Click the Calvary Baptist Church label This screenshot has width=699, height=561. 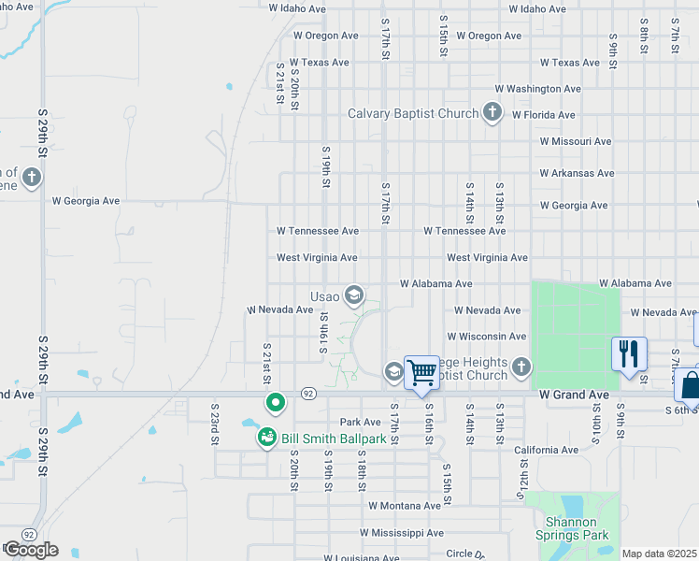(x=413, y=114)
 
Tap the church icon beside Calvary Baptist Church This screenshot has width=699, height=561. (x=492, y=114)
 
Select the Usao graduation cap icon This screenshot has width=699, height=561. (x=353, y=296)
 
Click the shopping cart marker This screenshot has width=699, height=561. (x=422, y=371)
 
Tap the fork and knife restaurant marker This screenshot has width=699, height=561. (x=629, y=353)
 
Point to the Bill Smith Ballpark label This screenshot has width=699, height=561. (x=335, y=438)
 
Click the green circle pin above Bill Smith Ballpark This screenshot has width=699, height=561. (x=276, y=403)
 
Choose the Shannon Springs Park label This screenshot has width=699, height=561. (x=572, y=529)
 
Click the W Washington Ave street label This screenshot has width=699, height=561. (x=537, y=89)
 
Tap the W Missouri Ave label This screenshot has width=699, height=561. (x=576, y=141)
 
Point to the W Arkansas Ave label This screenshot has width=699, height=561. (x=577, y=173)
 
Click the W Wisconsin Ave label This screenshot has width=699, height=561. (x=486, y=337)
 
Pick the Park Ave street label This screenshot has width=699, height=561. (x=362, y=423)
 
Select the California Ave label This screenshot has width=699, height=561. (x=548, y=450)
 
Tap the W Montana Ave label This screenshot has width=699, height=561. (x=404, y=506)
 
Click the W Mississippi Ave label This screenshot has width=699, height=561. (x=403, y=533)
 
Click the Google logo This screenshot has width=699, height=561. (x=31, y=550)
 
